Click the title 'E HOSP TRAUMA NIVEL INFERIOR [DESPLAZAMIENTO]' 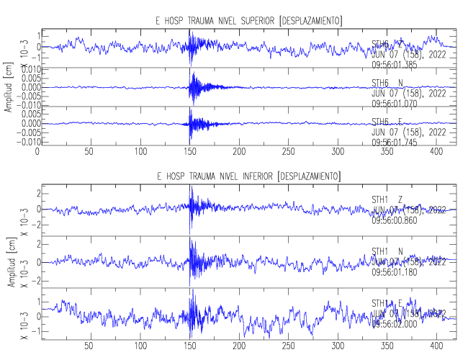click(x=248, y=176)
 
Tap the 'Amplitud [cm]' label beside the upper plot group click(x=9, y=89)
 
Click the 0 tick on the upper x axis click(x=37, y=152)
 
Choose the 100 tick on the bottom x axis click(x=140, y=346)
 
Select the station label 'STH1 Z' click(x=387, y=199)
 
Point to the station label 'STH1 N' click(x=387, y=251)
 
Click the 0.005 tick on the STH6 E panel click(x=24, y=114)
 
